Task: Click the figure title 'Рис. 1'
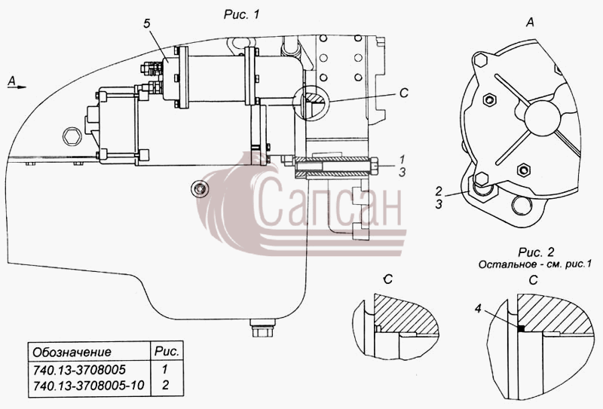[x=241, y=15]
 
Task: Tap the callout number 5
[x=147, y=24]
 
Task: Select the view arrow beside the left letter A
[x=20, y=87]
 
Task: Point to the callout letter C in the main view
[x=404, y=93]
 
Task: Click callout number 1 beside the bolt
[x=403, y=159]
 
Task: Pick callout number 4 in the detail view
[x=478, y=309]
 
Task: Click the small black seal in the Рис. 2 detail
[x=521, y=328]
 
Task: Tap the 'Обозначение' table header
[x=72, y=352]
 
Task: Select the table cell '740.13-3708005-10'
[x=88, y=385]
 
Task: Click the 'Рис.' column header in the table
[x=167, y=351]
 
